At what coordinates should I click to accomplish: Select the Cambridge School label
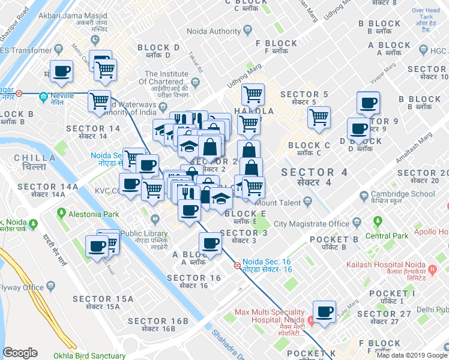tap(411, 194)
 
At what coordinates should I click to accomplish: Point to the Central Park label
tap(387, 236)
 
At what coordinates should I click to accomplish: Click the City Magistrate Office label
tap(312, 224)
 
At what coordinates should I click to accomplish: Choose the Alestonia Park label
tap(93, 213)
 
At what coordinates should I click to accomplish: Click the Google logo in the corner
tap(20, 353)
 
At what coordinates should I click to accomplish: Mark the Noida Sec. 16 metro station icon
tap(237, 265)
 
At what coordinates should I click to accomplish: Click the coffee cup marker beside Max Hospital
tap(325, 311)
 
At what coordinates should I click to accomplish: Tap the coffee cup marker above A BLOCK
tap(211, 242)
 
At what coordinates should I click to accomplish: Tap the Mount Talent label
tap(281, 203)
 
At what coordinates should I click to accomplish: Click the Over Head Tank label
tap(426, 15)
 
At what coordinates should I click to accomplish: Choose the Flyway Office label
tap(22, 287)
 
